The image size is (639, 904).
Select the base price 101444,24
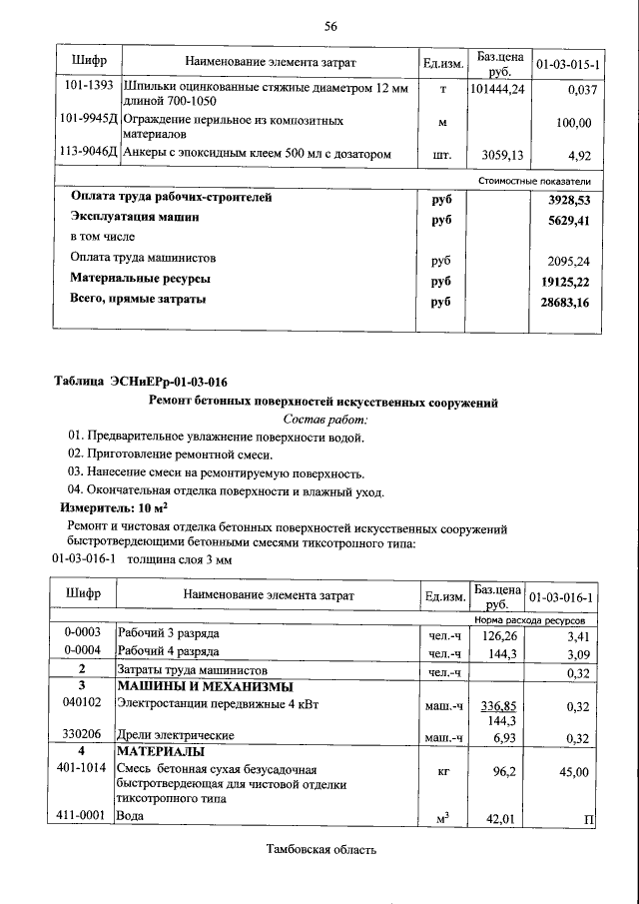496,89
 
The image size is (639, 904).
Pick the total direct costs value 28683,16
563,301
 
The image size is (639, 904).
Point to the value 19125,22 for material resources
563,281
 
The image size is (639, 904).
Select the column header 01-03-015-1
566,64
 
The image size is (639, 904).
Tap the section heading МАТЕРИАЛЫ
162,751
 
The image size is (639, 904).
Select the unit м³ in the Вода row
440,819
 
